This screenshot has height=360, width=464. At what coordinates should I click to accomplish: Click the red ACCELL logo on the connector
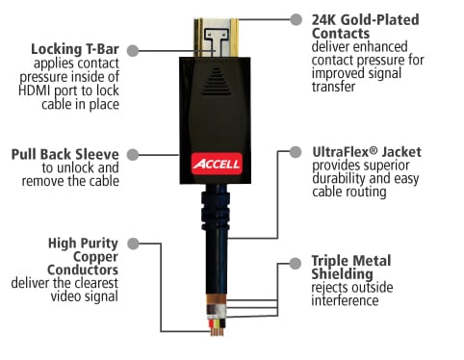click(x=217, y=164)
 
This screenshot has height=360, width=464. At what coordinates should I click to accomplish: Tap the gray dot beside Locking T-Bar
click(x=133, y=50)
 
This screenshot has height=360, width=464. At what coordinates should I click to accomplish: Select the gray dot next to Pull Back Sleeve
click(x=133, y=155)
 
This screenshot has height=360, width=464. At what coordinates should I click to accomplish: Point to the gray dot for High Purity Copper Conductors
click(x=133, y=244)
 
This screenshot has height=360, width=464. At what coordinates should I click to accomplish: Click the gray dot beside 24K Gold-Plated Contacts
click(x=296, y=19)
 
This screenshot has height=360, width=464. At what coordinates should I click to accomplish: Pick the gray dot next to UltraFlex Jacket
click(x=296, y=151)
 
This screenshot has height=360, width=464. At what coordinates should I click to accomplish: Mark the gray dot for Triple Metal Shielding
click(x=296, y=264)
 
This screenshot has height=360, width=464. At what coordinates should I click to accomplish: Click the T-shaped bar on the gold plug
click(x=217, y=41)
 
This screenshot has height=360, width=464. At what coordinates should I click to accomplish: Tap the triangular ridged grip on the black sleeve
click(x=216, y=82)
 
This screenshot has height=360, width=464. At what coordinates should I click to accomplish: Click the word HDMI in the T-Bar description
click(x=36, y=90)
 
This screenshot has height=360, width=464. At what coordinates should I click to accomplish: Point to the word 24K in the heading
click(x=324, y=20)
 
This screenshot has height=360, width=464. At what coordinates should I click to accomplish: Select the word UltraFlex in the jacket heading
click(x=341, y=152)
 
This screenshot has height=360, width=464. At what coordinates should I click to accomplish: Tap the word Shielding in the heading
click(x=342, y=274)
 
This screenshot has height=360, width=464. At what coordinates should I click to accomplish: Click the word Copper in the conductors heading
click(x=95, y=257)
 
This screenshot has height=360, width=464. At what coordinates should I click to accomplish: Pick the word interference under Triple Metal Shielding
click(x=345, y=301)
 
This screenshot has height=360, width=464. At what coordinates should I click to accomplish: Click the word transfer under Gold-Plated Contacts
click(x=333, y=87)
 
